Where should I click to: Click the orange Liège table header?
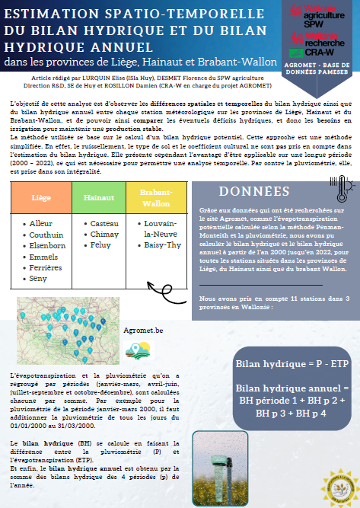click(x=40, y=197)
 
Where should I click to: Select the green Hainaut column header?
click(x=94, y=197)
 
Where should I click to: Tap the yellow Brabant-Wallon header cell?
click(x=155, y=197)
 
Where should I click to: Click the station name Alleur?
click(x=40, y=224)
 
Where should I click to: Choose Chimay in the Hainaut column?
click(x=104, y=235)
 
